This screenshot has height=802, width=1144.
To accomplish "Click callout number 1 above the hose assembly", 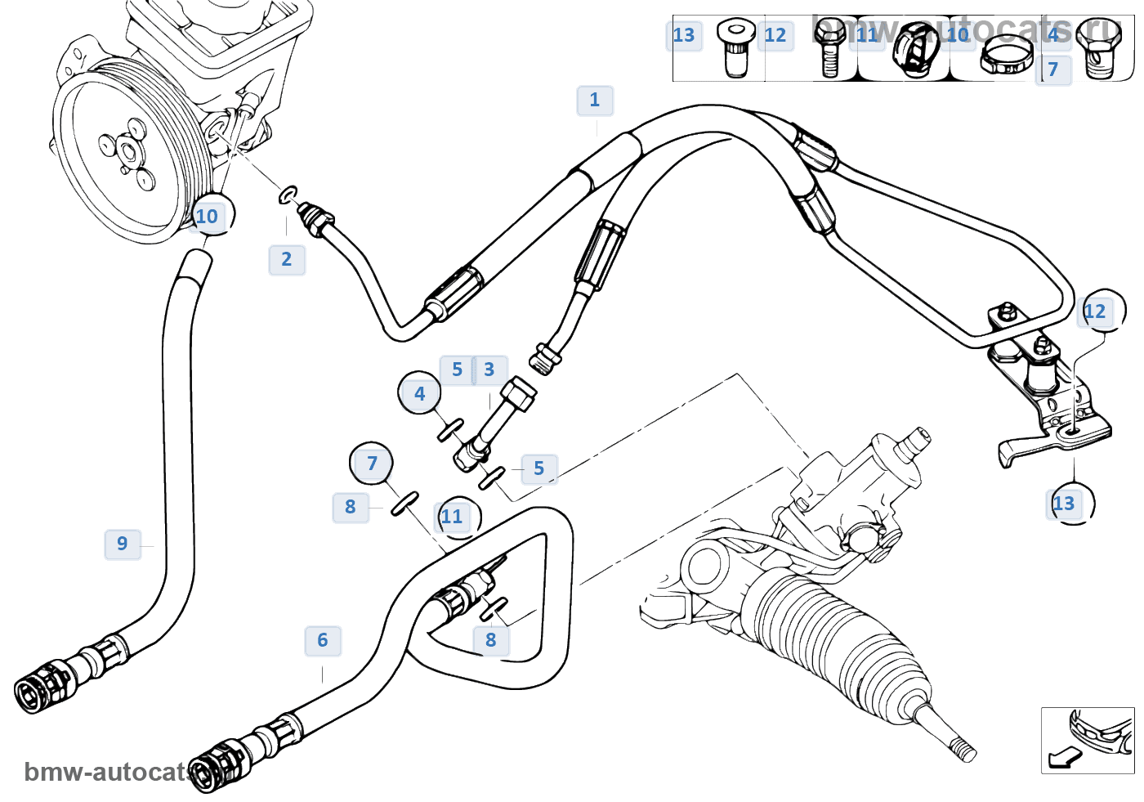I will [595, 101].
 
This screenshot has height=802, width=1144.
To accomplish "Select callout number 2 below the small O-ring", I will [287, 260].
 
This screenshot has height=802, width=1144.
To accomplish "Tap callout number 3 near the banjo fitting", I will [489, 370].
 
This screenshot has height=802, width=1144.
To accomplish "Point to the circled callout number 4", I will [419, 393].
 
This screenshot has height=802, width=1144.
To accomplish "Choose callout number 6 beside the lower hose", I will [323, 641].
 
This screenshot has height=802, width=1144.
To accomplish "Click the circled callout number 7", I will [372, 464].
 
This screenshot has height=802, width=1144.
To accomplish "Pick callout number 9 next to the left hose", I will [123, 544].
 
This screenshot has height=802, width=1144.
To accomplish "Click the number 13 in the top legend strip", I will [684, 35].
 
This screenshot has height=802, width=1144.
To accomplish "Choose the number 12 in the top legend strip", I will [775, 35].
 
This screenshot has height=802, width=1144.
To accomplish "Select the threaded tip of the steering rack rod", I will [964, 749].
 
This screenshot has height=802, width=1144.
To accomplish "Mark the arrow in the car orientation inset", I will [1063, 757].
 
